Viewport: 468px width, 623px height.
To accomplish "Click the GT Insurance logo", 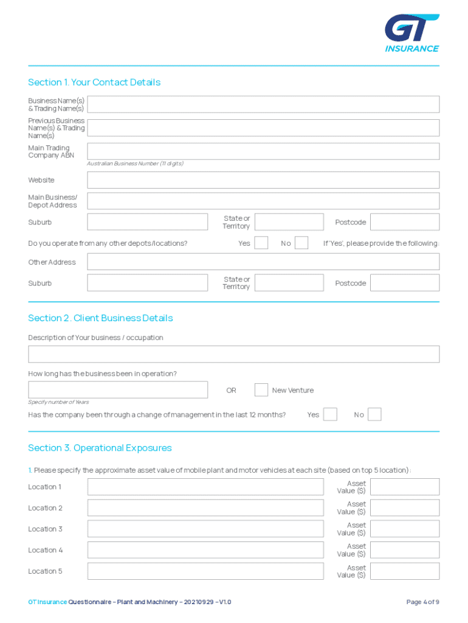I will pos(411,33).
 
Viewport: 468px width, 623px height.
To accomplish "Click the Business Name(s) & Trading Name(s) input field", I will pos(263,104).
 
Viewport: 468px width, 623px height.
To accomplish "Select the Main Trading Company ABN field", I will pos(263,151).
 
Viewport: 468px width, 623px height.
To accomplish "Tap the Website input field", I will pos(263,180).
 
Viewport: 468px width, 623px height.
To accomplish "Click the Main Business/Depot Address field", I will pos(263,201).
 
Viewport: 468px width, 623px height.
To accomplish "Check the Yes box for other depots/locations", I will pos(261,243).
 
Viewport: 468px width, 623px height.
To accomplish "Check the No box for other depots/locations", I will pos(301,243).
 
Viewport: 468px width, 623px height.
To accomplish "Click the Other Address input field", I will pos(263,262).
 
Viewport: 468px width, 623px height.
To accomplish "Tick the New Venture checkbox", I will pos(261,389).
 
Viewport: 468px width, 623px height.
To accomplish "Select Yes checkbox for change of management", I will pos(330,414).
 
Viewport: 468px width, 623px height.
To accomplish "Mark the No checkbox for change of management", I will pos(374,414).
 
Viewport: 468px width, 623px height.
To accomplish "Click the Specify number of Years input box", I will pos(117,389).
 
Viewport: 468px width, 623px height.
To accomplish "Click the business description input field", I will pos(233,354).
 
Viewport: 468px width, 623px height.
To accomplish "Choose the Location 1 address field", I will pos(205,487).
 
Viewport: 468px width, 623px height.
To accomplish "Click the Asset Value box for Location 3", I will pos(404,529).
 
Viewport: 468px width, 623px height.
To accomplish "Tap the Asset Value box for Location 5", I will pos(404,571).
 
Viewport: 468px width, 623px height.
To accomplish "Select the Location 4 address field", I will pos(205,550).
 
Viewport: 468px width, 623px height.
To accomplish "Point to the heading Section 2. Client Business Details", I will pos(100,318).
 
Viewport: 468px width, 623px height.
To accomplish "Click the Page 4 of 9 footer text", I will pos(422,602).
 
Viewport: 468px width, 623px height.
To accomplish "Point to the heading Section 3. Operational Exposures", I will pos(100,448).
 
